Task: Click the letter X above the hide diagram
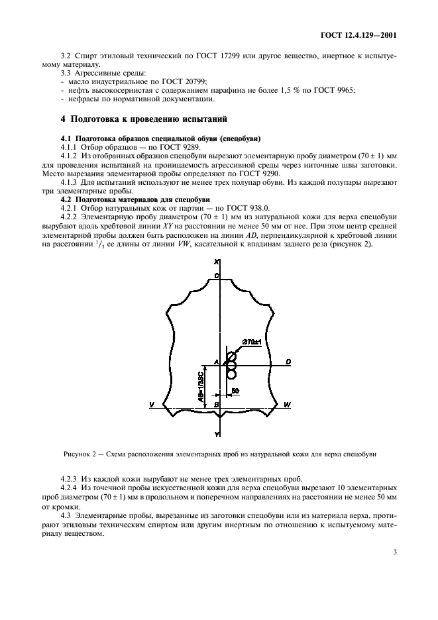tap(217, 264)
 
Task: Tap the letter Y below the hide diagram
tap(217, 434)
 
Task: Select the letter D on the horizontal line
tap(289, 362)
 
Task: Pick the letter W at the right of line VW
tap(286, 404)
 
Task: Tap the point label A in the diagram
tap(215, 362)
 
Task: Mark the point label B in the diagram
tap(216, 403)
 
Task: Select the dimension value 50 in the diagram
tap(235, 391)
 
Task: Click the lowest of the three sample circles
tap(232, 374)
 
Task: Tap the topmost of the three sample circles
tap(232, 356)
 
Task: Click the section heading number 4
tap(63, 119)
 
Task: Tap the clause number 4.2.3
tap(69, 479)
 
